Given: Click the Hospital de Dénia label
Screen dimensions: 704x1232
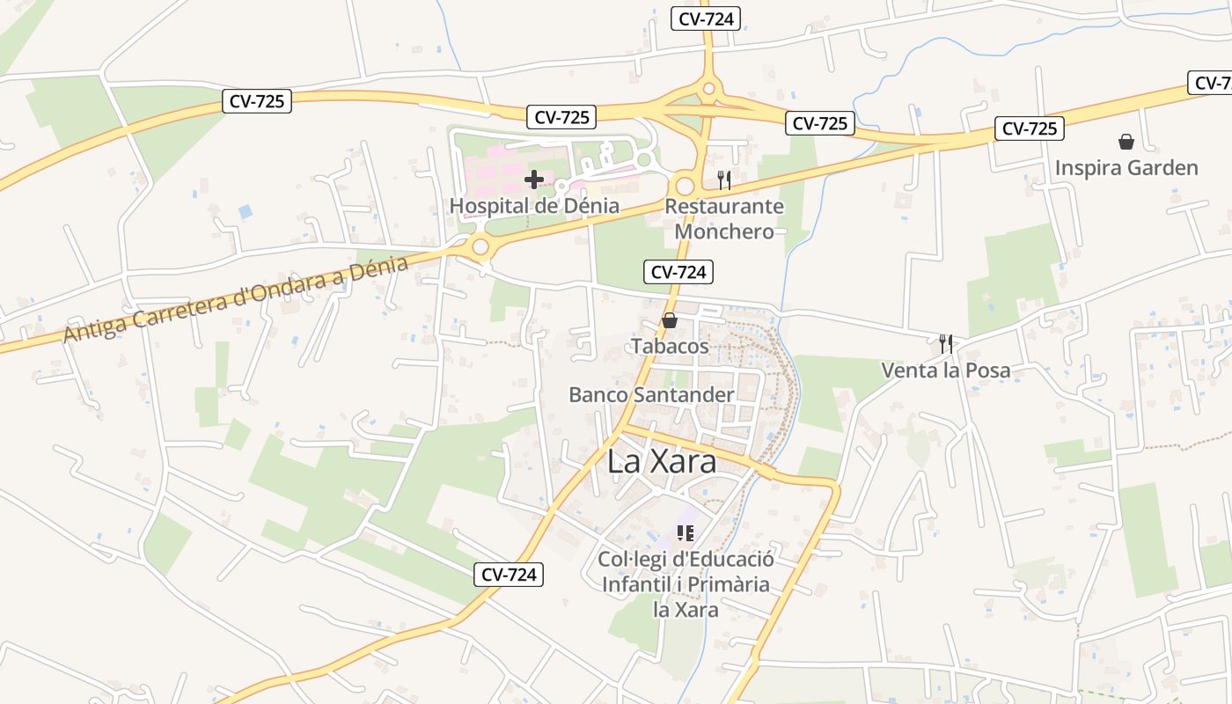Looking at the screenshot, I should pyautogui.click(x=534, y=206).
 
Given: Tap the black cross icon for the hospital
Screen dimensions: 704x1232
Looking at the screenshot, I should pyautogui.click(x=534, y=180).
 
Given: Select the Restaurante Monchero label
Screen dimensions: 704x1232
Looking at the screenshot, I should pyautogui.click(x=724, y=219).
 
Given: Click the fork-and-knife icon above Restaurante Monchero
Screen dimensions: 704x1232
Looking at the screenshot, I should pyautogui.click(x=724, y=180).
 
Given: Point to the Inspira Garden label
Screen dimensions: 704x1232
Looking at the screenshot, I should pyautogui.click(x=1126, y=167).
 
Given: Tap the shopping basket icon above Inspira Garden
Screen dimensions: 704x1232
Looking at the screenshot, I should pyautogui.click(x=1126, y=142).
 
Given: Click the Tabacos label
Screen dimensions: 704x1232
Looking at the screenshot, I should pyautogui.click(x=670, y=346).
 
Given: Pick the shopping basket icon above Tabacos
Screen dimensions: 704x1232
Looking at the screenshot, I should pyautogui.click(x=670, y=320).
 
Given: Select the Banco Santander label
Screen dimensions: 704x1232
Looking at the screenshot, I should pyautogui.click(x=651, y=394).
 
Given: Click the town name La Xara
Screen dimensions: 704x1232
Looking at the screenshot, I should pyautogui.click(x=662, y=463).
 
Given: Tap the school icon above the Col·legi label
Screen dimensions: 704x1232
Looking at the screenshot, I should pyautogui.click(x=686, y=532).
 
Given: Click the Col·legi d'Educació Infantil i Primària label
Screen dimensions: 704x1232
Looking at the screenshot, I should pyautogui.click(x=686, y=583).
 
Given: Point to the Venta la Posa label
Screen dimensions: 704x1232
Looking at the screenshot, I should pyautogui.click(x=946, y=370).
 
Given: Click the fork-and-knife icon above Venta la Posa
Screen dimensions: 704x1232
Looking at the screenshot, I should pyautogui.click(x=946, y=343).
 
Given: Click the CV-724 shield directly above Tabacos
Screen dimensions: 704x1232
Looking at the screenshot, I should pyautogui.click(x=678, y=272).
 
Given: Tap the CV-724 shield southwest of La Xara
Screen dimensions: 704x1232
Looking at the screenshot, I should pyautogui.click(x=510, y=575).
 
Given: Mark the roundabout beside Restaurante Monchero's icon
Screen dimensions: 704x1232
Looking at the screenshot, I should pyautogui.click(x=684, y=186).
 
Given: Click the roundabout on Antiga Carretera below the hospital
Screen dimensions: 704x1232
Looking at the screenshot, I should pyautogui.click(x=480, y=246).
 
